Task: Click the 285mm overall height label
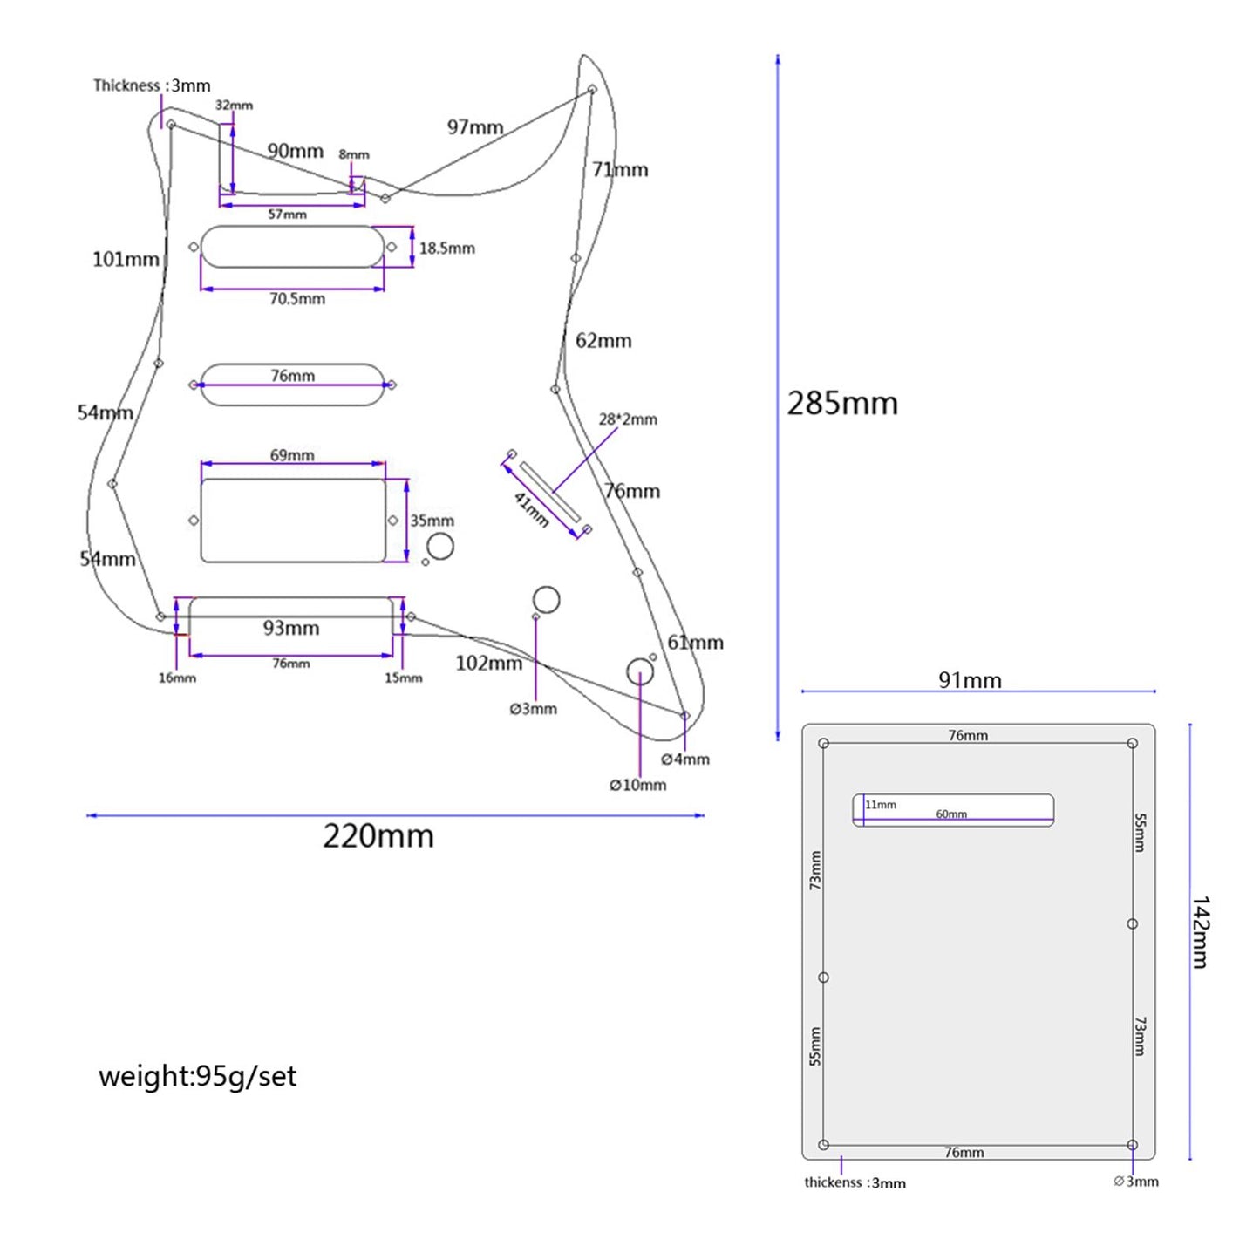841,404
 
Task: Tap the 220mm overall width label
378,836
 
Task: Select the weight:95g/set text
197,1076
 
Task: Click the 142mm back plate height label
1201,931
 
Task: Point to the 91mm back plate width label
970,680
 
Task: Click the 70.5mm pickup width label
296,299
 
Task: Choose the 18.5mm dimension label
446,249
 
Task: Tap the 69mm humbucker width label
292,455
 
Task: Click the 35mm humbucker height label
432,521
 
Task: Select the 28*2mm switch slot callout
628,419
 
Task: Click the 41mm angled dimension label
531,510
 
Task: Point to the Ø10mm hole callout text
637,785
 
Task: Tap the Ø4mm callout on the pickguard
685,759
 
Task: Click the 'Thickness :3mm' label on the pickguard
152,85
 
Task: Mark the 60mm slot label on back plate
951,814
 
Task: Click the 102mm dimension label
488,664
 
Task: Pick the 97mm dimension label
475,127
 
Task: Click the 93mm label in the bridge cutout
291,628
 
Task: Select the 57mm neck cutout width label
287,215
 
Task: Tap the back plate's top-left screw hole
824,744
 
